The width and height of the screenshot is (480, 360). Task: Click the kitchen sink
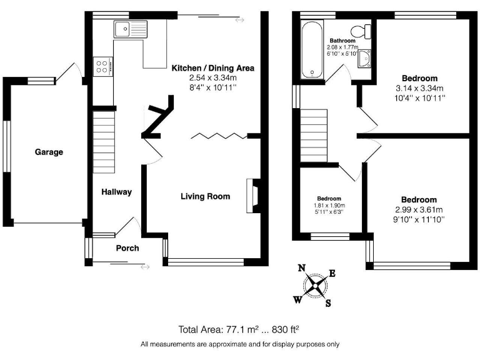point(129,29)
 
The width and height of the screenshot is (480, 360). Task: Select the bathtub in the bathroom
point(310,51)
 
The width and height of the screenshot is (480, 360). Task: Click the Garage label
point(49,152)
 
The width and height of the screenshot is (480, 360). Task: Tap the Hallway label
point(117,192)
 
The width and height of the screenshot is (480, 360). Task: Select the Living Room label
point(205,196)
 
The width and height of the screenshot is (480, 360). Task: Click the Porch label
point(127,248)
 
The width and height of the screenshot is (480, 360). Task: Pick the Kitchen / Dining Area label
point(212,68)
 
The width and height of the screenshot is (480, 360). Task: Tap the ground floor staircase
point(105,142)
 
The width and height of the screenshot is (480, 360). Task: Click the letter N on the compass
point(301,268)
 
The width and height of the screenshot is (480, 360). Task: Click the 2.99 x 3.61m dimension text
point(419,209)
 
